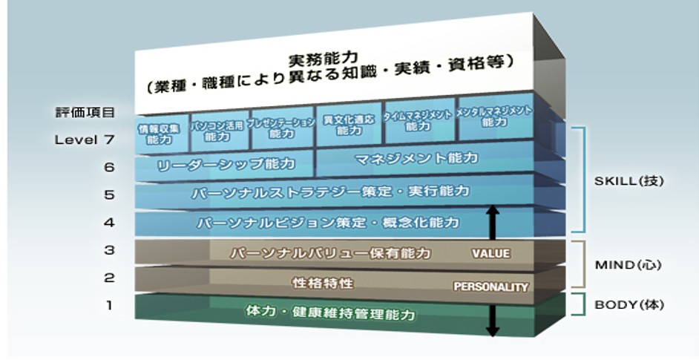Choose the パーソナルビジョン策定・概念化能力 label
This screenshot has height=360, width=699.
[x=328, y=222]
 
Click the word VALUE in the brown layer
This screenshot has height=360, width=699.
[x=490, y=254]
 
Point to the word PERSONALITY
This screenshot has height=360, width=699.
[x=490, y=287]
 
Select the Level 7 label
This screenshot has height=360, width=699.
[x=85, y=139]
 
